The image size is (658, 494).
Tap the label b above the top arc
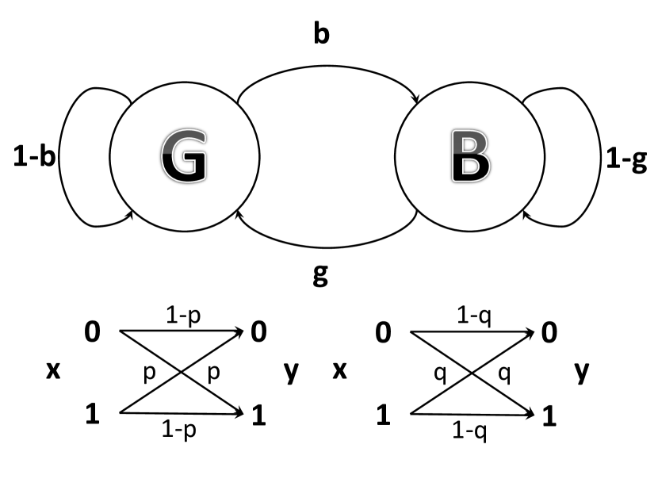pyautogui.click(x=321, y=35)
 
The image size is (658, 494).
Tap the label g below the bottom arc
pyautogui.click(x=321, y=277)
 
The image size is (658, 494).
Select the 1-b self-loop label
pyautogui.click(x=33, y=158)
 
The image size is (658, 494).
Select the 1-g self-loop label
pyautogui.click(x=625, y=159)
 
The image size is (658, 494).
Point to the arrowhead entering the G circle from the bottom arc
pyautogui.click(x=239, y=212)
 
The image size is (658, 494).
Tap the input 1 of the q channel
pyautogui.click(x=383, y=414)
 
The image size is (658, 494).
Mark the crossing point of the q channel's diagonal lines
pyautogui.click(x=472, y=372)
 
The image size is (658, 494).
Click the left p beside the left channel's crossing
pyautogui.click(x=149, y=373)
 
